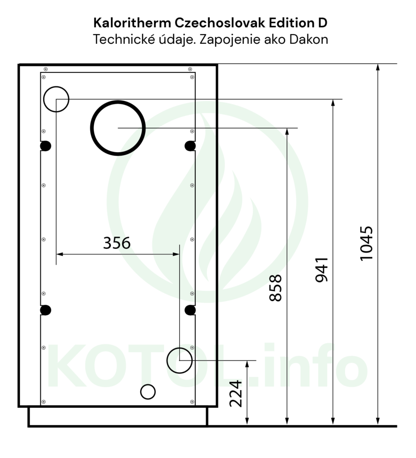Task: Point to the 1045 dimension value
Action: pyautogui.click(x=366, y=243)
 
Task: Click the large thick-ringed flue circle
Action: pyautogui.click(x=118, y=128)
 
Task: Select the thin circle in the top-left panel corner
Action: pyautogui.click(x=56, y=99)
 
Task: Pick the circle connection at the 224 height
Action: pyautogui.click(x=179, y=360)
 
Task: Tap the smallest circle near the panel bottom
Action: pyautogui.click(x=148, y=391)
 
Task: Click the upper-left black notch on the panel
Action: pyautogui.click(x=46, y=146)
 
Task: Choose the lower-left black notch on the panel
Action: pyautogui.click(x=46, y=310)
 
